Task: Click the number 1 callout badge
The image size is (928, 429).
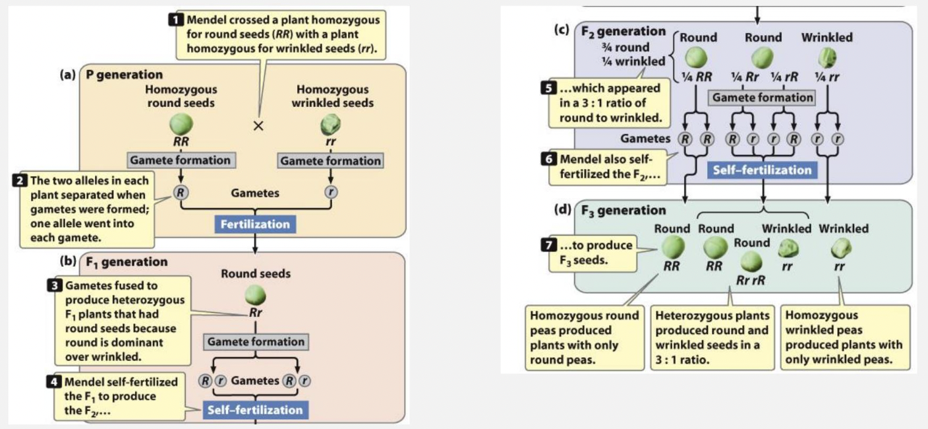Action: pyautogui.click(x=175, y=20)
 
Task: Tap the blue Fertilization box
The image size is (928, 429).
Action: pyautogui.click(x=254, y=224)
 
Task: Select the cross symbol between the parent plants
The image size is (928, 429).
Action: pyautogui.click(x=258, y=127)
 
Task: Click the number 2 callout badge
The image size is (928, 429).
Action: pyautogui.click(x=19, y=180)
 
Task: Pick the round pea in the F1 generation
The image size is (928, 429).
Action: pyautogui.click(x=255, y=294)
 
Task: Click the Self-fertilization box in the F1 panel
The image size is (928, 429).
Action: pyautogui.click(x=254, y=410)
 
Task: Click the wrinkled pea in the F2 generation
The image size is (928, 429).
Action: pyautogui.click(x=826, y=58)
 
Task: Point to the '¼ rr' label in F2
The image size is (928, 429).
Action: pyautogui.click(x=827, y=77)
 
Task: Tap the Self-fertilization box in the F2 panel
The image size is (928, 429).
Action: pyautogui.click(x=763, y=170)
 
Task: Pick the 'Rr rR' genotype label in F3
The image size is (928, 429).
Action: pyautogui.click(x=750, y=280)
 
